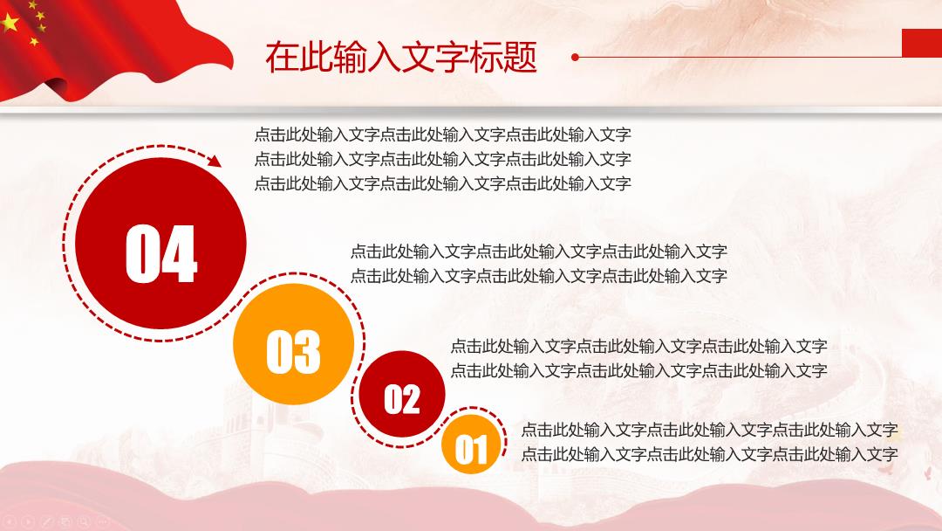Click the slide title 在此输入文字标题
click(x=400, y=58)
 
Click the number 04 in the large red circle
click(x=161, y=253)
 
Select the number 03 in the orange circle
click(x=293, y=352)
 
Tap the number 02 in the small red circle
click(x=401, y=399)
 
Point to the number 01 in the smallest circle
click(x=470, y=450)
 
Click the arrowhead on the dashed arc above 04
click(x=215, y=160)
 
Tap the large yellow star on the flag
click(x=10, y=23)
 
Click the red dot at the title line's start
click(x=575, y=57)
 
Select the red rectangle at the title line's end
click(x=922, y=43)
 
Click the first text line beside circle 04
click(x=443, y=134)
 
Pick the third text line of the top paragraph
click(x=443, y=183)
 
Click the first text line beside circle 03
click(x=539, y=251)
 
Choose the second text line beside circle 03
click(x=539, y=275)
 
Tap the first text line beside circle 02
click(x=638, y=346)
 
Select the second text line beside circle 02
click(x=638, y=370)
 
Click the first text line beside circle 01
click(x=709, y=430)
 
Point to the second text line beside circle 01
click(x=709, y=454)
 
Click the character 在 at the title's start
click(x=282, y=58)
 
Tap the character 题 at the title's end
click(x=520, y=58)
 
